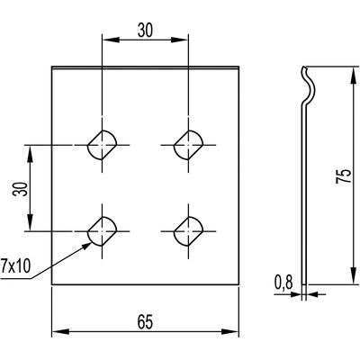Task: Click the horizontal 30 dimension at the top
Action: coord(145,31)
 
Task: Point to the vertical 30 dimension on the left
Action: coord(20,189)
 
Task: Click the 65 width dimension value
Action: coord(145,322)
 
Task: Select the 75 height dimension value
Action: coord(344,176)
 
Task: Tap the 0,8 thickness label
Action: coord(283,283)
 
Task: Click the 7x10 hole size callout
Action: coord(15,266)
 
